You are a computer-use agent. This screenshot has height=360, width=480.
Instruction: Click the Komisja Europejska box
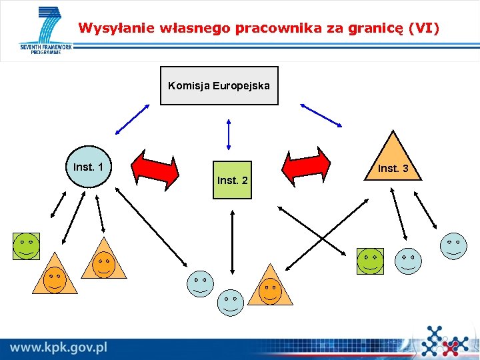pyautogui.click(x=219, y=86)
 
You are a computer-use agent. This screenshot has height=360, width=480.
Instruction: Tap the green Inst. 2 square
pyautogui.click(x=232, y=180)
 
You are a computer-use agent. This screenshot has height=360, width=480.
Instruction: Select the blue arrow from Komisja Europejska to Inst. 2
pyautogui.click(x=229, y=134)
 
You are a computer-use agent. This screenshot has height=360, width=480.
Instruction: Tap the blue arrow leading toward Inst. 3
pyautogui.click(x=321, y=115)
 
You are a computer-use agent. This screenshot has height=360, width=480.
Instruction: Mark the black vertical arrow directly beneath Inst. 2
pyautogui.click(x=232, y=242)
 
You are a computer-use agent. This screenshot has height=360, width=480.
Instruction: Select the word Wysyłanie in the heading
pyautogui.click(x=107, y=28)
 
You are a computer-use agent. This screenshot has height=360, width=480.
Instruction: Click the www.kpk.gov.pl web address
pyautogui.click(x=59, y=347)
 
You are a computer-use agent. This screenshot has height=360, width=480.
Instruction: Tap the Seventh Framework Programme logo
pyautogui.click(x=45, y=31)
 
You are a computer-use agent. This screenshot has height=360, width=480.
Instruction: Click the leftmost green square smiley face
pyautogui.click(x=27, y=246)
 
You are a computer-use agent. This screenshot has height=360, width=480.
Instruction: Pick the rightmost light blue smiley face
pyautogui.click(x=453, y=245)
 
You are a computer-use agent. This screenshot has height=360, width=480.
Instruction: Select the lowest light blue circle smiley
pyautogui.click(x=231, y=303)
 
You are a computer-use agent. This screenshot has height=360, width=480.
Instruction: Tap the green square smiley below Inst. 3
pyautogui.click(x=370, y=261)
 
